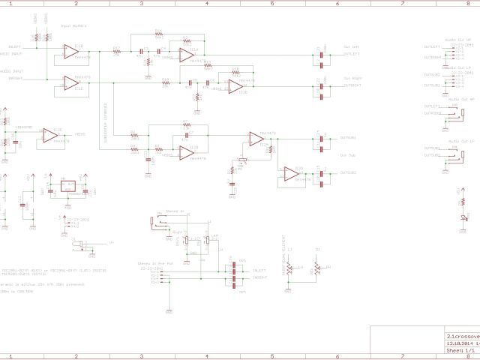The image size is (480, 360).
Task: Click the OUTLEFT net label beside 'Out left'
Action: (352, 54)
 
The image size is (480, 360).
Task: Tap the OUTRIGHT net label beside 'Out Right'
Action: (352, 85)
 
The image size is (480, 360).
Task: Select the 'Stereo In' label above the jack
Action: (174, 211)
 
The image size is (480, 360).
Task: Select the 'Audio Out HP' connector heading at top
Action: (458, 39)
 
